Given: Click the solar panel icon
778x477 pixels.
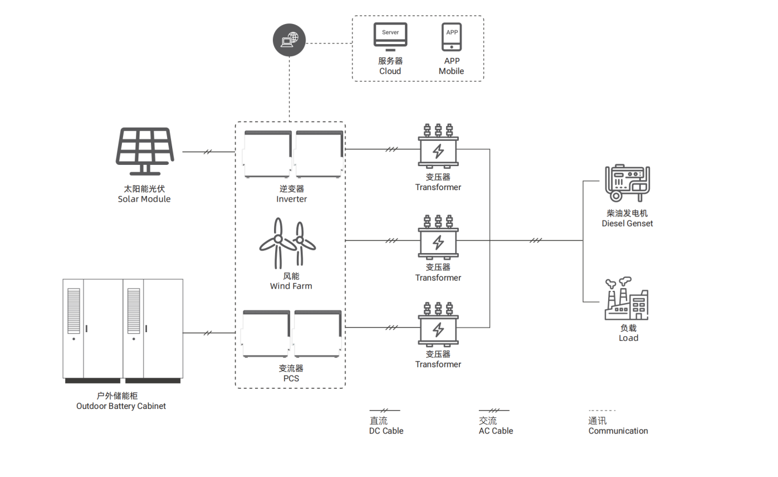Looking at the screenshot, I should tap(145, 151).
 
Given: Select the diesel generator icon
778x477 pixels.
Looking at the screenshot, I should tap(628, 183).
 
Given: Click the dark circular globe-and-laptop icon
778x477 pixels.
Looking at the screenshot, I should tap(289, 40).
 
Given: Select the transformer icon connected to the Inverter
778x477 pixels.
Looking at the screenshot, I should tap(438, 147).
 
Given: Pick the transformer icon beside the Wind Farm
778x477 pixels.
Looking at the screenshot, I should tap(438, 238).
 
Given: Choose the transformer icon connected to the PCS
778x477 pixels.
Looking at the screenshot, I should tap(438, 325).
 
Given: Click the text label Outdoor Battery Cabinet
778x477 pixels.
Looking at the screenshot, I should tap(121, 406).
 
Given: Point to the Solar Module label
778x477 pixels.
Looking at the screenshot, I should tap(144, 199).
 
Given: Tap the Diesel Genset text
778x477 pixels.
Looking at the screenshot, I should tap(627, 223).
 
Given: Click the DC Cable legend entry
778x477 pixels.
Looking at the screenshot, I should tap(386, 431).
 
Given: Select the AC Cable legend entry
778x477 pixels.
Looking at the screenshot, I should tap(496, 431).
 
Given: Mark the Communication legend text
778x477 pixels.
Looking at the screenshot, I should tap(618, 431).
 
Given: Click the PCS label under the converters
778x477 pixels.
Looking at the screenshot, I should tap(291, 379).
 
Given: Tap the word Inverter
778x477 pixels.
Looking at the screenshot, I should tap(292, 199).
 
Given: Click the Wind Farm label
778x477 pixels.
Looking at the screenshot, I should tap(291, 286).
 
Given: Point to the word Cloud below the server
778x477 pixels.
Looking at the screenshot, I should tap(390, 71).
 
